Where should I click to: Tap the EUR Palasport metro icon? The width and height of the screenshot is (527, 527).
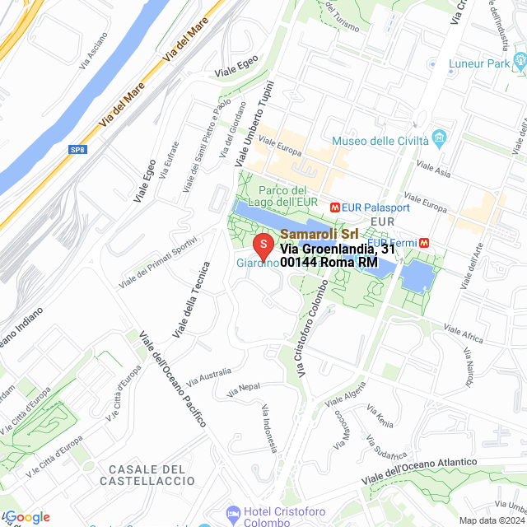(335, 208)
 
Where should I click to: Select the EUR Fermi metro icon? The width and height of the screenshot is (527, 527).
(423, 243)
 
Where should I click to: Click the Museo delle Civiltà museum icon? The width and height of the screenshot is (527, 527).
(439, 137)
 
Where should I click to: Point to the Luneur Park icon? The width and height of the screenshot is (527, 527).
(519, 61)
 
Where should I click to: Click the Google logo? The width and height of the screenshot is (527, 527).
(26, 517)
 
